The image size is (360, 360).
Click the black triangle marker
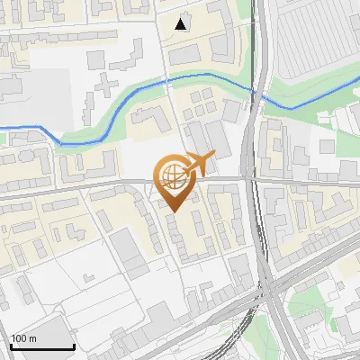coord(183,24)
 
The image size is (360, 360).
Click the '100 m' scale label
coord(23,338)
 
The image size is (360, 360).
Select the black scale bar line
coord(41,346)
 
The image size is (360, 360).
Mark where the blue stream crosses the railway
coord(256,91)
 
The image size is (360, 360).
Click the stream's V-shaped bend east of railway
coord(291,108)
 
